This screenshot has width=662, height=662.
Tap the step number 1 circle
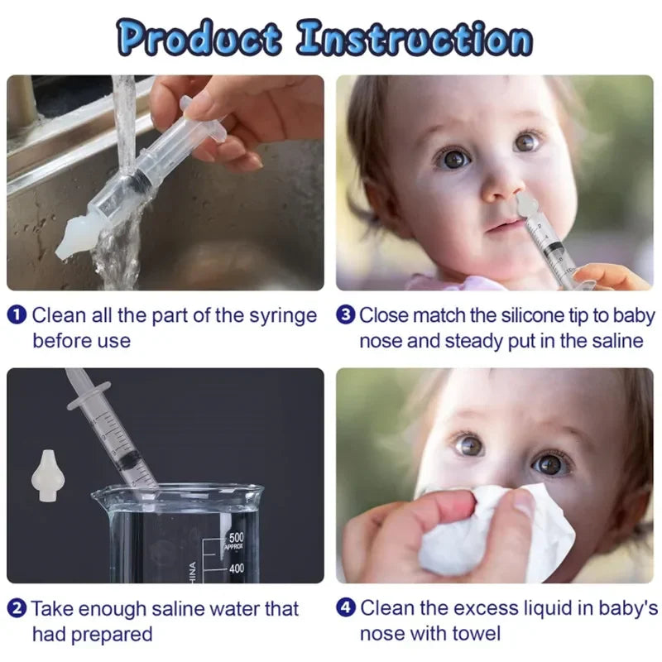pyautogui.click(x=18, y=315)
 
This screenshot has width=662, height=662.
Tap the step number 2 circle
pyautogui.click(x=18, y=610)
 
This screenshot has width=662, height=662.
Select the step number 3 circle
pyautogui.click(x=346, y=315)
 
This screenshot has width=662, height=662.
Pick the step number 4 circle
pyautogui.click(x=346, y=610)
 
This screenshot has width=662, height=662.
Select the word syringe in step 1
pyautogui.click(x=283, y=315)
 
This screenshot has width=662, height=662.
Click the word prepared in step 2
pyautogui.click(x=117, y=635)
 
